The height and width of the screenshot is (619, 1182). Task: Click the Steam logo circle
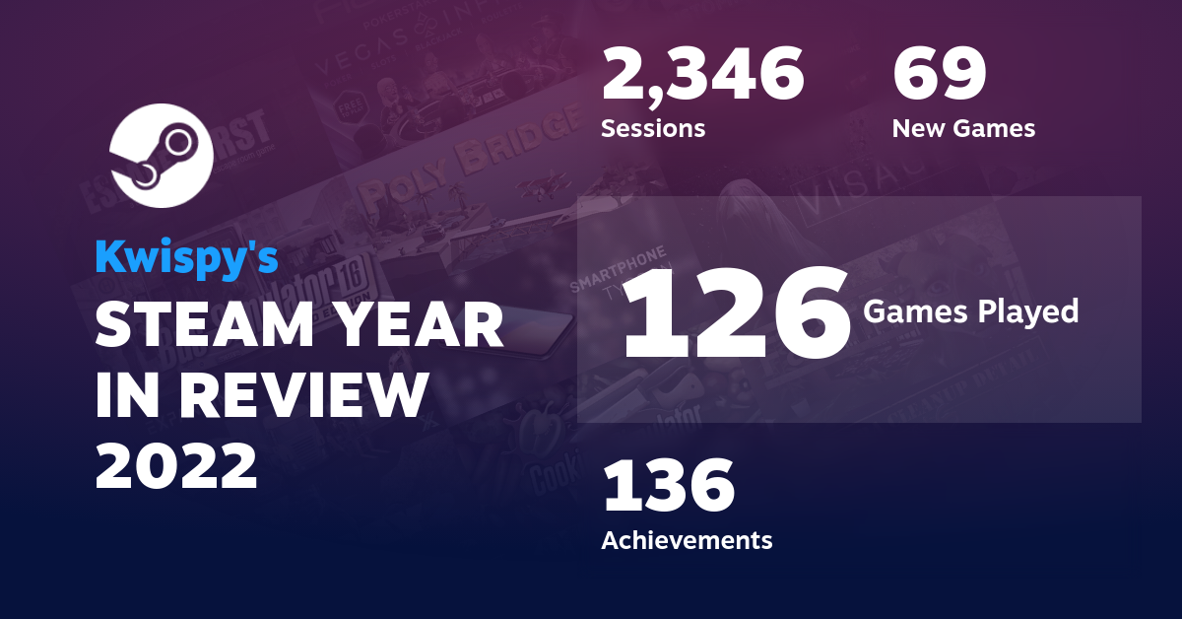[162, 156]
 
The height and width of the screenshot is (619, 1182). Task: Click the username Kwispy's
[187, 256]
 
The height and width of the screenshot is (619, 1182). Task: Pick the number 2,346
[702, 76]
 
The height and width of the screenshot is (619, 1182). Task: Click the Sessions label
[653, 128]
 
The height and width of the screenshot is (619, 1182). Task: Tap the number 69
[939, 76]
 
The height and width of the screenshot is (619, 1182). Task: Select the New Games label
[963, 128]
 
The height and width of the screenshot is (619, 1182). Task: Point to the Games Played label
[971, 312]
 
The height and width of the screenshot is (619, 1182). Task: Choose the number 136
[669, 488]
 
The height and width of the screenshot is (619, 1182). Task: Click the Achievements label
[687, 540]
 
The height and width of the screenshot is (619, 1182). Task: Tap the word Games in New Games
[995, 128]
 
